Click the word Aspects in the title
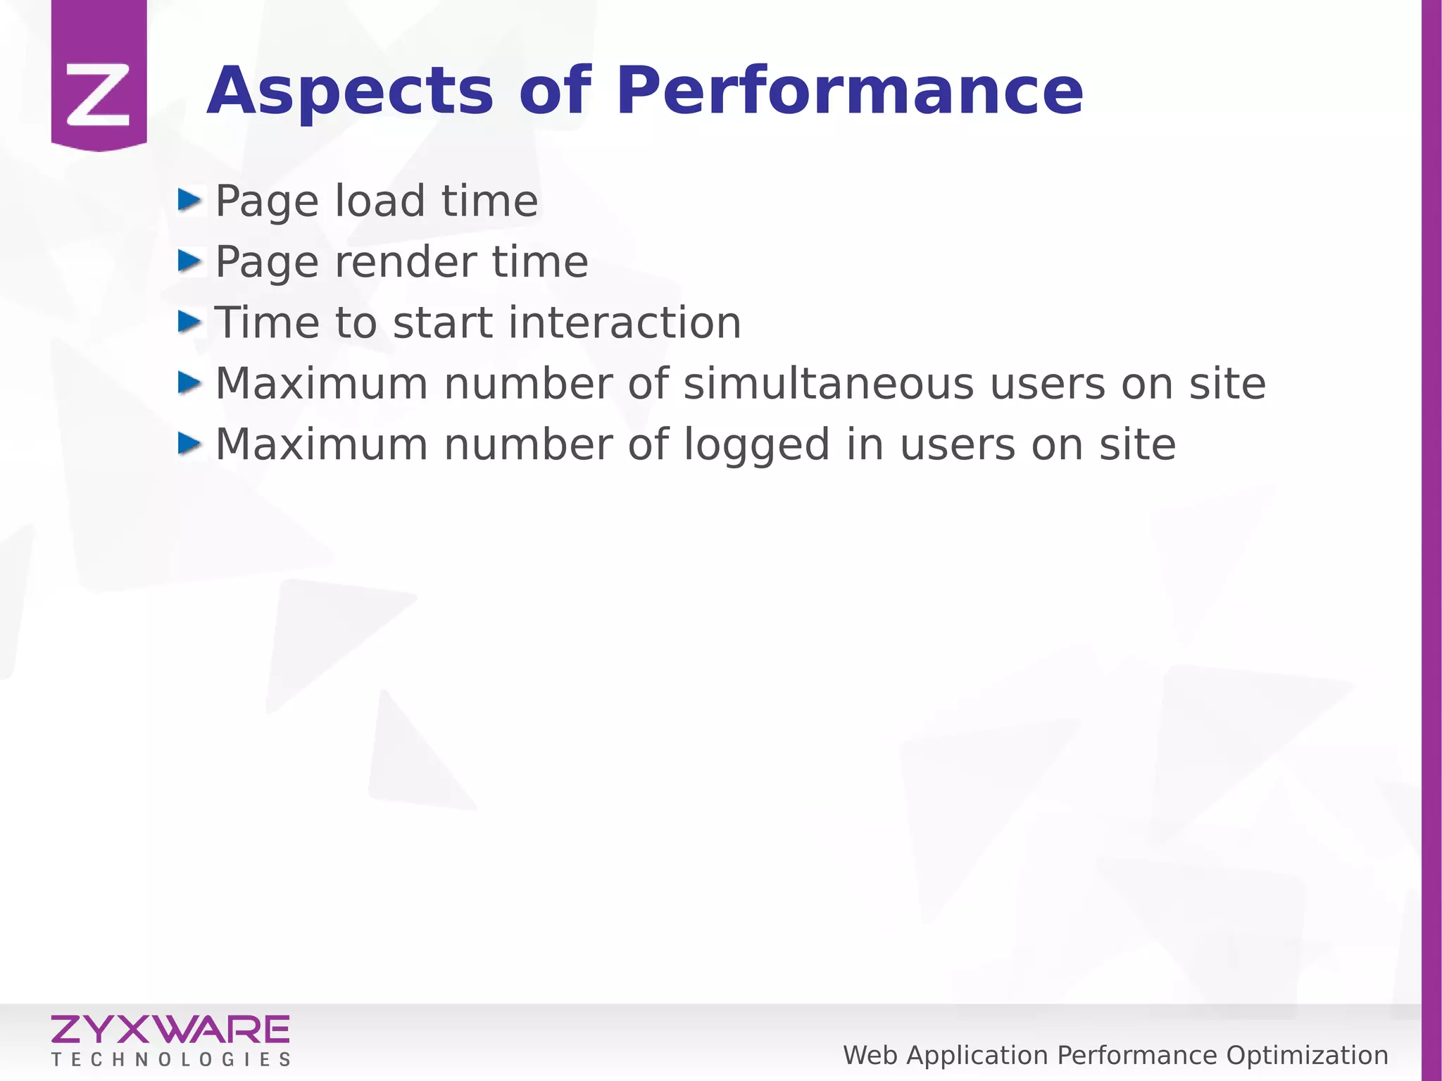pos(350,92)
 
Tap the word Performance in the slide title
pos(849,92)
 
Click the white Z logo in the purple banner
pos(99,95)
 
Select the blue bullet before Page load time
pos(189,200)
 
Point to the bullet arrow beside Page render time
pos(189,261)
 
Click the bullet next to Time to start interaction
pos(189,323)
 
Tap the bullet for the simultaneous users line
pos(189,383)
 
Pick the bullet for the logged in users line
pos(189,444)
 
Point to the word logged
pos(757,446)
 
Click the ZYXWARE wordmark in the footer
pos(170,1030)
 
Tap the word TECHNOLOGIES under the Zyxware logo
pos(170,1060)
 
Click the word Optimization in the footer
pos(1307,1056)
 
